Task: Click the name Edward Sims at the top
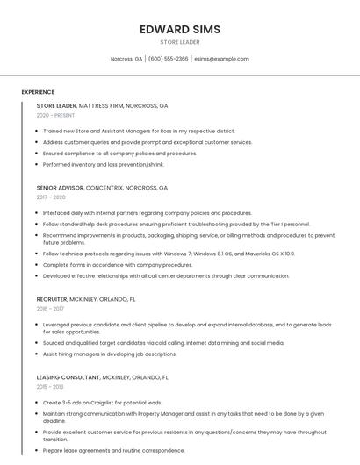[180, 29]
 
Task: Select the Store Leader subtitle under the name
[180, 42]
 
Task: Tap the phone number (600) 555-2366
[168, 59]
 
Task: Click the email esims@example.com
[221, 59]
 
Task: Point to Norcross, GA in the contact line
[126, 59]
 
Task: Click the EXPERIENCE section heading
[38, 92]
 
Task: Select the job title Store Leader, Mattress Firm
[102, 105]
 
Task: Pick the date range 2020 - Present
[55, 115]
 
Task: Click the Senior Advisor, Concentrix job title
[102, 188]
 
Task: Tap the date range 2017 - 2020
[51, 197]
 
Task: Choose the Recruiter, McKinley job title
[86, 299]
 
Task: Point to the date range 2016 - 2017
[50, 309]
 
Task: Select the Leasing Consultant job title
[102, 377]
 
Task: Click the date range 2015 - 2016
[50, 387]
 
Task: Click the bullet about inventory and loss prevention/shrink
[104, 164]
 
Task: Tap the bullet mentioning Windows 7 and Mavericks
[169, 254]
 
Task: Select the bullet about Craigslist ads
[102, 403]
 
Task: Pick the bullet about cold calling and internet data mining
[163, 343]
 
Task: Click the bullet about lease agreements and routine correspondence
[113, 450]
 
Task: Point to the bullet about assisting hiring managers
[110, 354]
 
